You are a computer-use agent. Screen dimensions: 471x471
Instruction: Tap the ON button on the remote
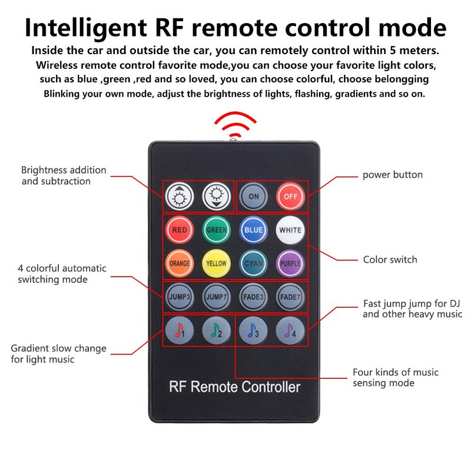(x=253, y=197)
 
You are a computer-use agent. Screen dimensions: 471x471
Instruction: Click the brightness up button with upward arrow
(x=180, y=197)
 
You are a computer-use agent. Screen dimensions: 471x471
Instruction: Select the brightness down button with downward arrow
(x=216, y=197)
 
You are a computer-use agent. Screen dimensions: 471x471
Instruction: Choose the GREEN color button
(x=216, y=230)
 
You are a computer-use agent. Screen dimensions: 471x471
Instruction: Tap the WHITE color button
(x=290, y=230)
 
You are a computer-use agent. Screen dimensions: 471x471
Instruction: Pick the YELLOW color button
(x=216, y=263)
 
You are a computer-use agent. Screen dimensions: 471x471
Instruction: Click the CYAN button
(x=253, y=263)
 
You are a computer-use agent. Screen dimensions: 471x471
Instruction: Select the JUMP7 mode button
(x=216, y=297)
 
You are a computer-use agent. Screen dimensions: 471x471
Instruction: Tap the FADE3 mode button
(x=253, y=297)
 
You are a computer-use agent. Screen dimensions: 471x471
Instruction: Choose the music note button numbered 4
(x=290, y=330)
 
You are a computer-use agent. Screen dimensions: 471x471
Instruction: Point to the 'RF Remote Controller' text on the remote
(x=234, y=387)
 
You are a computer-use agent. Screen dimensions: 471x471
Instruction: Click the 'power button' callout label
(x=393, y=175)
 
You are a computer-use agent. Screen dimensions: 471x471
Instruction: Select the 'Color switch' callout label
(x=390, y=260)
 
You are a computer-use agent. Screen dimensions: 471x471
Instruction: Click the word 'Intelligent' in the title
(x=86, y=28)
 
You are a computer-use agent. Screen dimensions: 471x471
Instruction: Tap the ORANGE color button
(x=180, y=263)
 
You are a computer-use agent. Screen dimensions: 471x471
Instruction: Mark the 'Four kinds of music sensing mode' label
(x=396, y=377)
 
